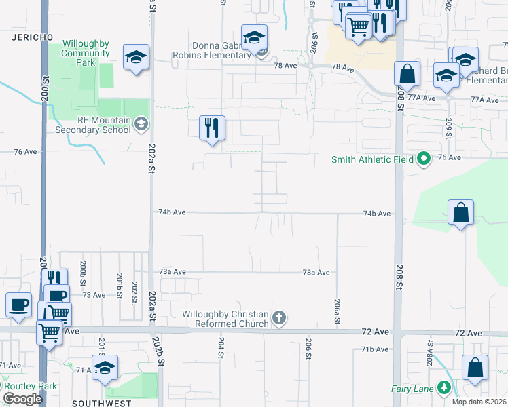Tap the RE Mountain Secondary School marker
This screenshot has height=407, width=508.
pos(141,123)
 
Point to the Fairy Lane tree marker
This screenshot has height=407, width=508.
pos(444,388)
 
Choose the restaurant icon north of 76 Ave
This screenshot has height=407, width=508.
pos(212,128)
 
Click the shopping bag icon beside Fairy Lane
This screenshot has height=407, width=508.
pos(475,368)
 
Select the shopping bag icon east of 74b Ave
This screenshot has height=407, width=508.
pos(461,212)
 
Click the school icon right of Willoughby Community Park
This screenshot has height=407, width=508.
pos(136,58)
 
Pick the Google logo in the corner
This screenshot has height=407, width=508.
pos(22,399)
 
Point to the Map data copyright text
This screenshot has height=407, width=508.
pos(479,402)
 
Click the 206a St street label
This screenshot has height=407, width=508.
pos(337,311)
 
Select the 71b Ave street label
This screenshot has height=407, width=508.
pos(375,349)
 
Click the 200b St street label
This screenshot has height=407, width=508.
pos(83,271)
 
